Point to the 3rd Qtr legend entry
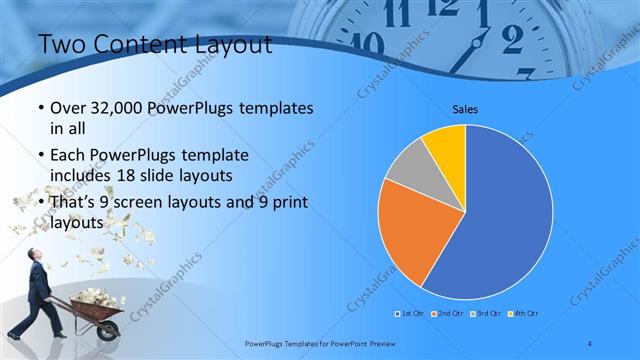[485, 314]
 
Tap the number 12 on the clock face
[442, 9]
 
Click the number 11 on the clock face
[397, 14]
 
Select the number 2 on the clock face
[512, 39]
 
